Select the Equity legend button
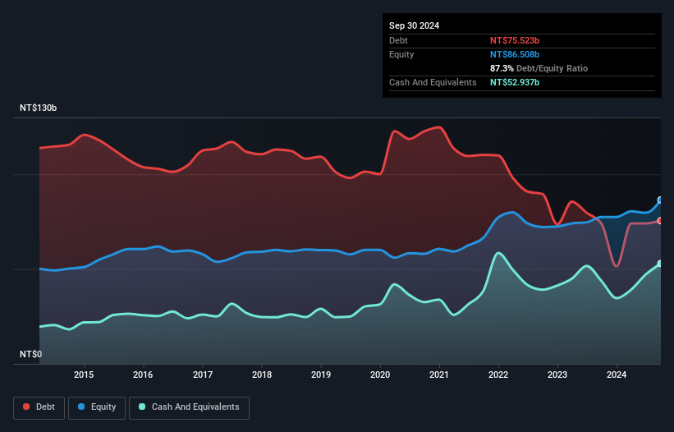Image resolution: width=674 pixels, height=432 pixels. [x=97, y=407]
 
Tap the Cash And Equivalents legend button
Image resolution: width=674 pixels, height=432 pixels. [x=189, y=407]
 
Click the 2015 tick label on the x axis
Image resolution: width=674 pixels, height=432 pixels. [x=84, y=375]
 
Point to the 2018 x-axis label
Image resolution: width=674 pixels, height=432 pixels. [x=262, y=375]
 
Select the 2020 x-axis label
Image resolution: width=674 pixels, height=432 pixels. [x=380, y=375]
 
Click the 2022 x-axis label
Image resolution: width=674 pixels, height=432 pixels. [x=498, y=375]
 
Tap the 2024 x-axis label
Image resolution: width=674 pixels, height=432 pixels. [x=617, y=375]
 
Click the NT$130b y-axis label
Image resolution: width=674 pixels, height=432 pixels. [x=39, y=108]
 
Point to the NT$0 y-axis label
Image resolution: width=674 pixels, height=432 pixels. [x=31, y=355]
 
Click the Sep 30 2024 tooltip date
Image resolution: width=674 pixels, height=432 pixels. [x=414, y=25]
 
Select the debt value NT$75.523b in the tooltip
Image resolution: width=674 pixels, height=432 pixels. [x=515, y=40]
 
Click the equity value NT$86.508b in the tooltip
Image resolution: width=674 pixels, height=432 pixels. [x=515, y=54]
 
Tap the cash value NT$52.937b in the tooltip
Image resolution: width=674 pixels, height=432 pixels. [x=515, y=82]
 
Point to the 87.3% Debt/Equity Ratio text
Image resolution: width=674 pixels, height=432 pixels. [x=539, y=68]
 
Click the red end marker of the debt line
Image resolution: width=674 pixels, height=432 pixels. [x=660, y=220]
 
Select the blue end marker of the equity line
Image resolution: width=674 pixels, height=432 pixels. [x=660, y=200]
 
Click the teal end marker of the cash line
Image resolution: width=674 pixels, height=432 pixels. [x=660, y=264]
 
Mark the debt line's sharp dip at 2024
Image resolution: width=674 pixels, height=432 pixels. [x=617, y=266]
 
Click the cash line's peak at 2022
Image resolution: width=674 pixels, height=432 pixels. [x=497, y=253]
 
